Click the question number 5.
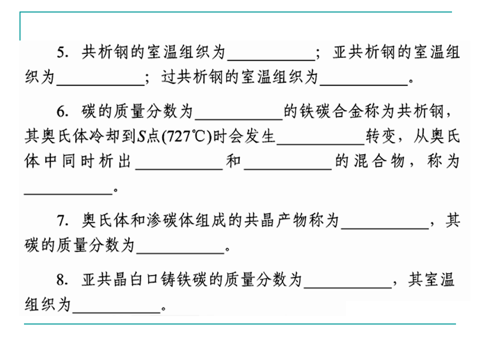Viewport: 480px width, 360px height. (61, 53)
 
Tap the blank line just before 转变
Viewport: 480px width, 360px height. (320, 143)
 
